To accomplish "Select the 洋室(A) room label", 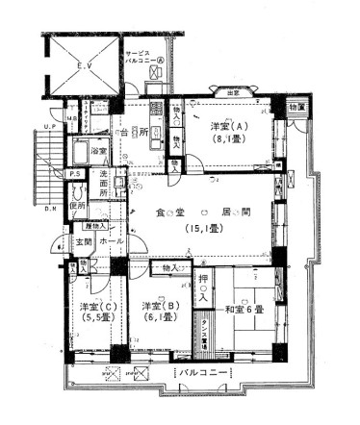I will tap(226, 126).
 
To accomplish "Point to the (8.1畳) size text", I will tap(226, 138).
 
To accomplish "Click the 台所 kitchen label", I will tap(135, 131).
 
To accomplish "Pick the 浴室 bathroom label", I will tap(97, 152).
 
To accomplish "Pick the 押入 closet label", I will tap(203, 287).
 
